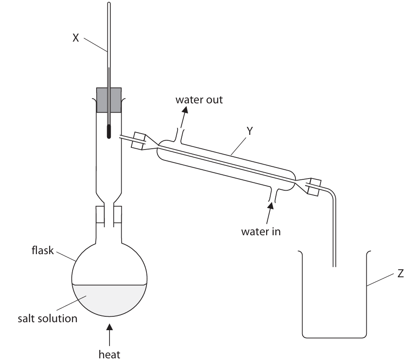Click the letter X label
point(76,37)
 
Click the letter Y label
point(250,131)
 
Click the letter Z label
point(400,274)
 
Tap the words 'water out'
point(199,100)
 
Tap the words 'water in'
point(261,231)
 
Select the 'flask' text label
point(42,251)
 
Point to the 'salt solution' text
point(47,318)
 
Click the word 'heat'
point(109,354)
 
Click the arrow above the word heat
point(110,334)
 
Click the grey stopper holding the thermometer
point(109,100)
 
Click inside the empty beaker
point(335,307)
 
